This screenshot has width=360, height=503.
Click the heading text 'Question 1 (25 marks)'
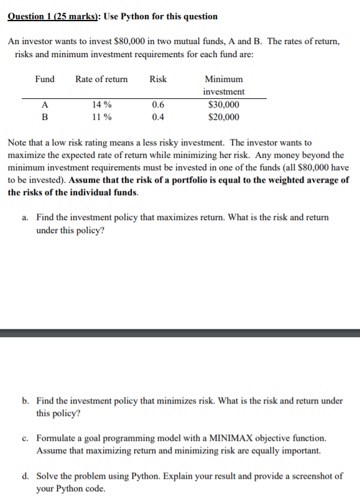[48, 16]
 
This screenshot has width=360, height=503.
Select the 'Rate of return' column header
[101, 79]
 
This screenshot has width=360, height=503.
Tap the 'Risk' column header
[158, 79]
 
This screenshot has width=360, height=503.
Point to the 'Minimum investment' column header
[224, 85]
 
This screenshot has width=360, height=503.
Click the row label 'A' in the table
[44, 105]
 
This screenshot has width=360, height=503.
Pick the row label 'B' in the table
[44, 117]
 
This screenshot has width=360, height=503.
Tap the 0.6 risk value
[158, 105]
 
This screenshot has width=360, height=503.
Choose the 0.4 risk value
[158, 117]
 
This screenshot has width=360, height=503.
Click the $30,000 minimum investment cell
[224, 105]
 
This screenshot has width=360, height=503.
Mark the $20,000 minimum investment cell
[224, 117]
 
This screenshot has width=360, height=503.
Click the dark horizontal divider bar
[180, 333]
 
